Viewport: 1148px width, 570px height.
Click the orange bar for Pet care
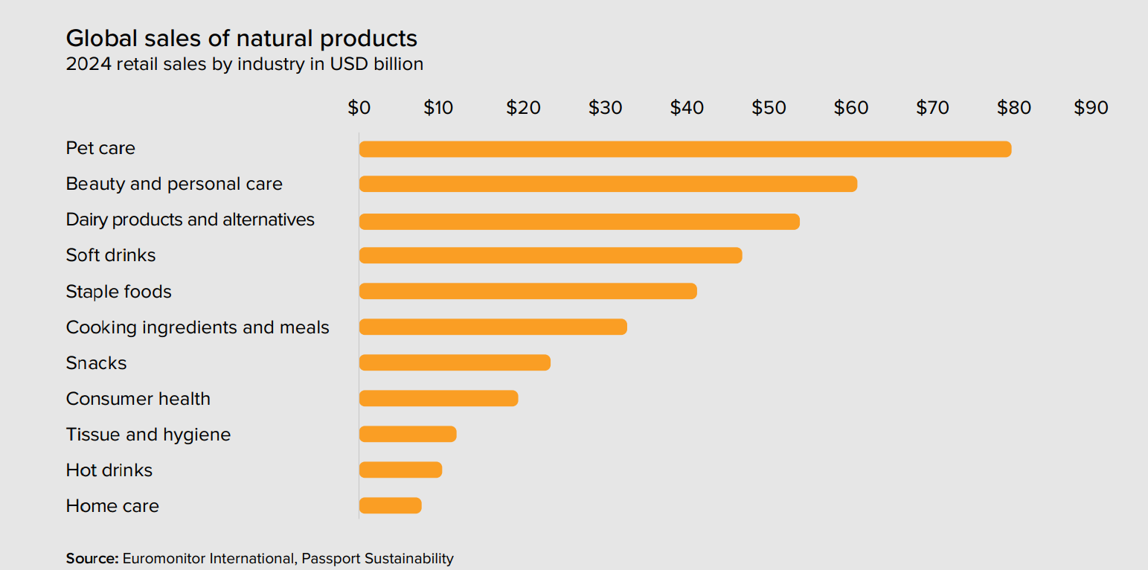pyautogui.click(x=684, y=149)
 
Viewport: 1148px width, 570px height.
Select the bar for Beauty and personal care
pyautogui.click(x=608, y=184)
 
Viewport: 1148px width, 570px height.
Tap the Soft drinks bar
pyautogui.click(x=551, y=255)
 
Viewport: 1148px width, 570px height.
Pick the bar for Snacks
pyautogui.click(x=455, y=362)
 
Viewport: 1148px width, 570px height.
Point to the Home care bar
pyautogui.click(x=390, y=506)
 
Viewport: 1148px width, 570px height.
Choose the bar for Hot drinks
pyautogui.click(x=400, y=470)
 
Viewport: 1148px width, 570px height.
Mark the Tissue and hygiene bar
pyautogui.click(x=408, y=434)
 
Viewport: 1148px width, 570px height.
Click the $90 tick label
pyautogui.click(x=1091, y=108)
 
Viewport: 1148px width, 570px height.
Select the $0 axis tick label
pyautogui.click(x=359, y=108)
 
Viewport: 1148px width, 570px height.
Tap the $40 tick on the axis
pyautogui.click(x=687, y=108)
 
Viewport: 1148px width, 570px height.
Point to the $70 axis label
pyautogui.click(x=932, y=108)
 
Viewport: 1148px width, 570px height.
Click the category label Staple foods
pyautogui.click(x=119, y=292)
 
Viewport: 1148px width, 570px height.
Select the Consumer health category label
pyautogui.click(x=138, y=399)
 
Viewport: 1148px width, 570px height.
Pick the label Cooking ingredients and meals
pyautogui.click(x=198, y=327)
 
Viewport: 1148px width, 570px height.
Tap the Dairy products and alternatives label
pyautogui.click(x=190, y=220)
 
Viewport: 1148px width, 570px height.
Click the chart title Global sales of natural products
pyautogui.click(x=242, y=38)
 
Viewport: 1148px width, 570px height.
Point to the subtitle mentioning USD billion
pyautogui.click(x=245, y=64)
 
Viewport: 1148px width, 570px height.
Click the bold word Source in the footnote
pyautogui.click(x=92, y=558)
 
